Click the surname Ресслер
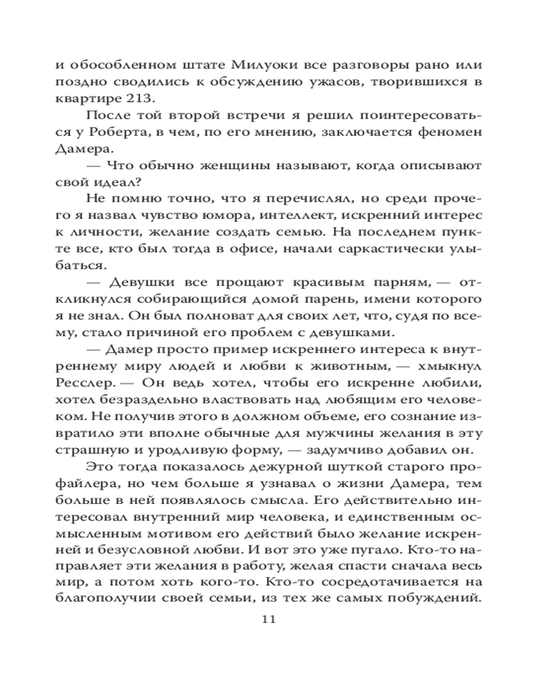pos(82,381)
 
